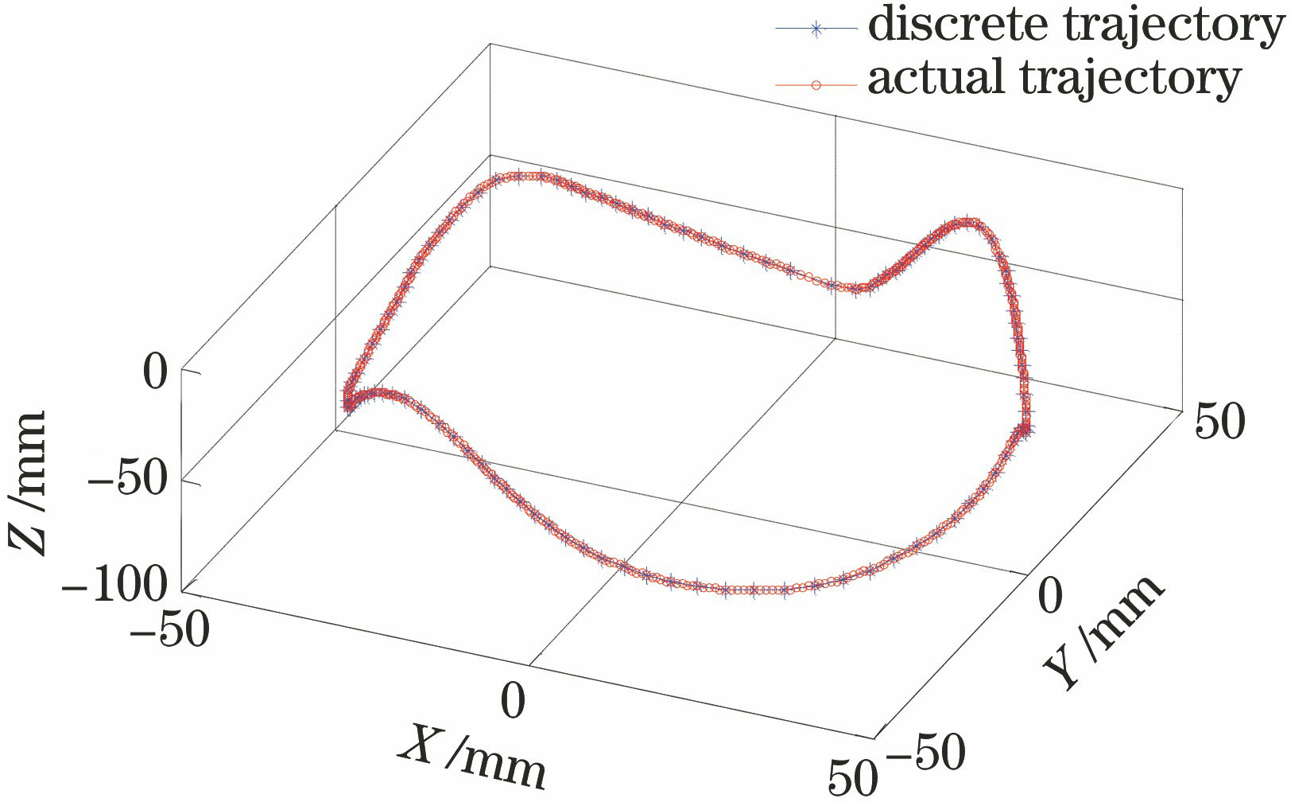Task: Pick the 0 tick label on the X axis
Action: tap(514, 701)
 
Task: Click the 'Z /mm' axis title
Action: tap(27, 482)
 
